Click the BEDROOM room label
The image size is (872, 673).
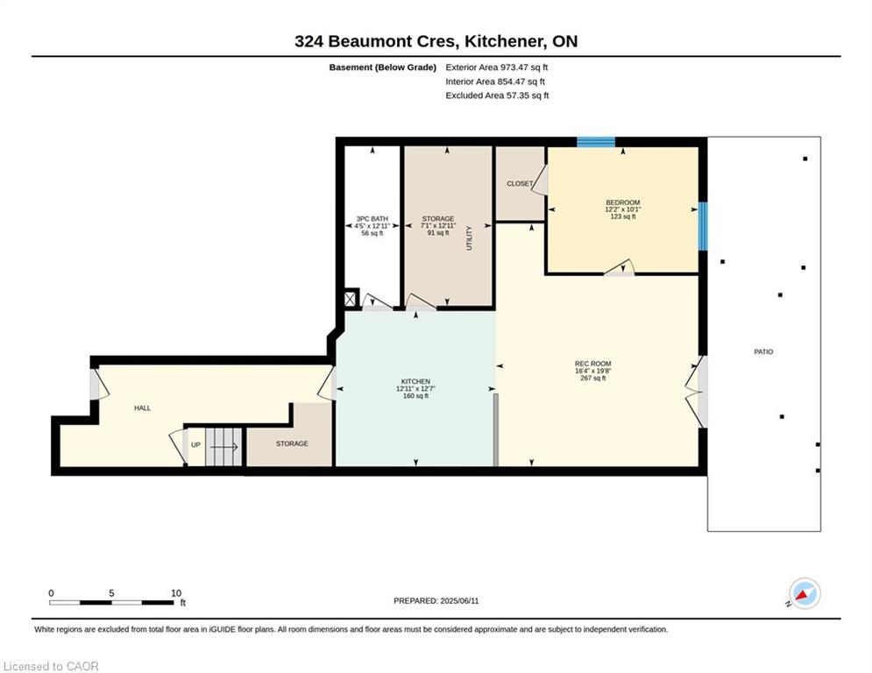click(x=623, y=202)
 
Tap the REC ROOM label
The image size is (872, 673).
click(x=592, y=364)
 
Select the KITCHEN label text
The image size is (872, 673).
click(x=416, y=381)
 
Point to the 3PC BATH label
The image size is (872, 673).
click(x=372, y=219)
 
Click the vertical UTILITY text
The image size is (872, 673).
click(x=469, y=238)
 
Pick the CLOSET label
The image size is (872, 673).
click(x=520, y=183)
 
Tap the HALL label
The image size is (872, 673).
click(x=142, y=408)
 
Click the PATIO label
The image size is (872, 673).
click(x=763, y=351)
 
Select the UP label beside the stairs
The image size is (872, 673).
click(x=195, y=445)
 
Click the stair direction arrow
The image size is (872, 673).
click(x=223, y=447)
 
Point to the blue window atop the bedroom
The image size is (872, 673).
click(x=596, y=142)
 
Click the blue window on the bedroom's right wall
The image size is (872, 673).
click(x=703, y=226)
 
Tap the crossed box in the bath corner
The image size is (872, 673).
click(x=351, y=299)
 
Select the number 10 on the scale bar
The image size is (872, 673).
click(x=176, y=593)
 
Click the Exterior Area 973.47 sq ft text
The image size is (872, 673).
click(x=497, y=67)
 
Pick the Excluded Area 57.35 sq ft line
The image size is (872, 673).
click(x=497, y=96)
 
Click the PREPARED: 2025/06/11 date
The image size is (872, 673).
click(x=436, y=600)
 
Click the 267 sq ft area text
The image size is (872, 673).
click(x=592, y=379)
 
